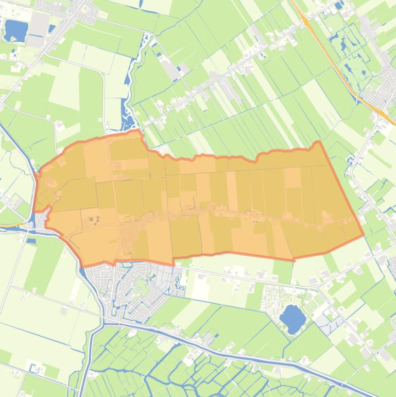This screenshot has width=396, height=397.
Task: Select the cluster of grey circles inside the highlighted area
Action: tap(94, 221)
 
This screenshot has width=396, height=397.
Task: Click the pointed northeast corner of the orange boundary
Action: tap(319, 142)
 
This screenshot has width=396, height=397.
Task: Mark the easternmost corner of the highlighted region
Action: tap(364, 235)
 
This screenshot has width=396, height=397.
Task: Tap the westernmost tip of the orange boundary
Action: tap(33, 211)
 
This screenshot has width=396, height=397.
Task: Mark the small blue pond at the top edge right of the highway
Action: tap(338, 6)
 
